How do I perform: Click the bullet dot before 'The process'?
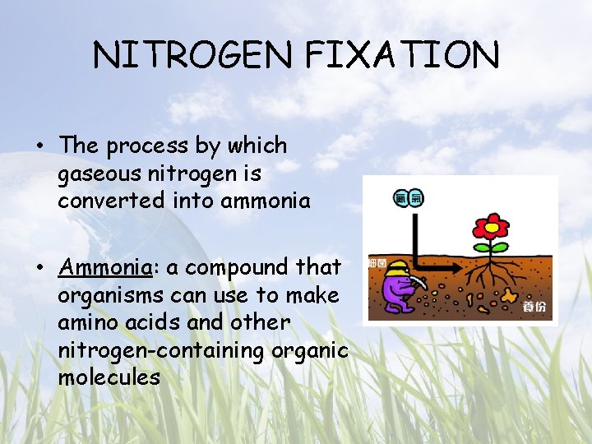coord(40,147)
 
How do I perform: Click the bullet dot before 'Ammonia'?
coord(40,268)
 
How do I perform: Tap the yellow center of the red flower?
coord(493,225)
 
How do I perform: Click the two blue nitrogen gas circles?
coord(409,198)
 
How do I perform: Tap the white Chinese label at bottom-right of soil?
coord(534,308)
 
